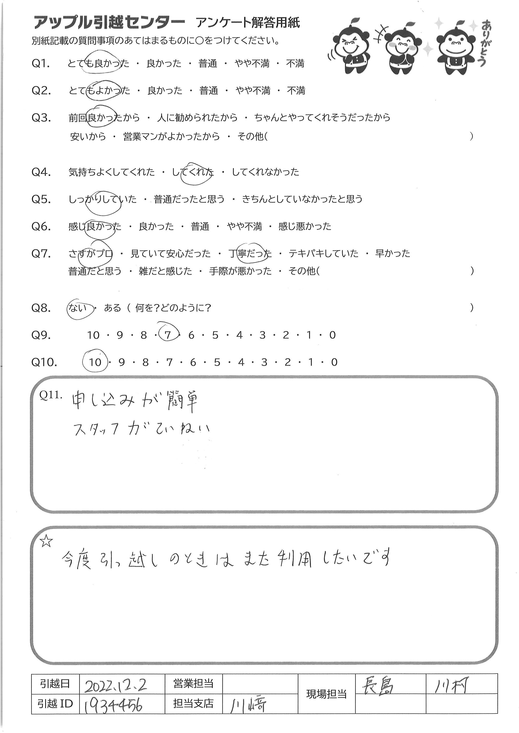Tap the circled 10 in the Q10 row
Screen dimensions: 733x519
click(x=95, y=362)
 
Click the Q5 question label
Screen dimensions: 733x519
click(x=41, y=199)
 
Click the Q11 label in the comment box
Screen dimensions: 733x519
click(x=50, y=395)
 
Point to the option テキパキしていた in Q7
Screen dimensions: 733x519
click(x=323, y=253)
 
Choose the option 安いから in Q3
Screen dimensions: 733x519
click(x=88, y=137)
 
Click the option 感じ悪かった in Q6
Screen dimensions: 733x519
click(x=305, y=227)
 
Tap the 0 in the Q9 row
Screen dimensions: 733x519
click(x=332, y=335)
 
